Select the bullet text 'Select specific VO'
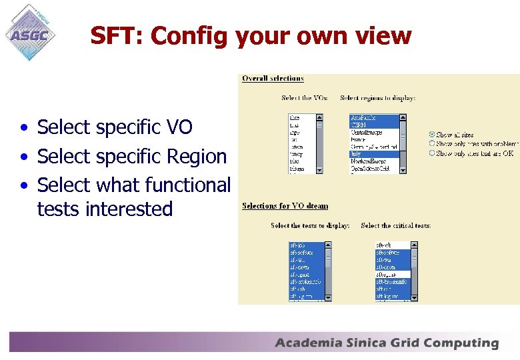coord(115,127)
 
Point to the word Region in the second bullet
coord(197,156)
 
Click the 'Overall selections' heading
coord(273,79)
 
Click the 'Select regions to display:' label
coord(377,98)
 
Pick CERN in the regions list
coord(360,125)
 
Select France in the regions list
coord(360,139)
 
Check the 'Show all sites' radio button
coord(432,134)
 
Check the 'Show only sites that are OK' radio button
coord(432,153)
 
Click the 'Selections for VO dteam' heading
coord(285,206)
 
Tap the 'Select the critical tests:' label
coord(396,226)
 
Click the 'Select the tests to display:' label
coord(310,226)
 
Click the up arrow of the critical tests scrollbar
coord(415,245)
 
